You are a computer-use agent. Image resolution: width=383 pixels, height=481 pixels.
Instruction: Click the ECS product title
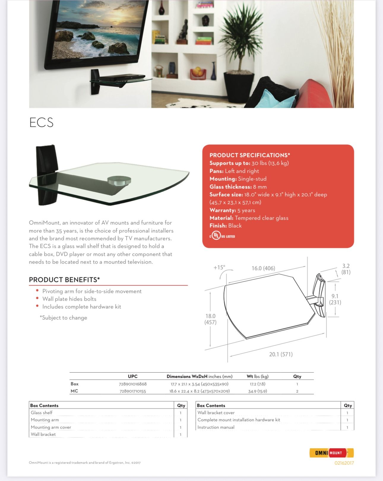(x=41, y=122)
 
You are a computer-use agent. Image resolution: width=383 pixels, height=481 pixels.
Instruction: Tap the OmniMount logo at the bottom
(x=331, y=453)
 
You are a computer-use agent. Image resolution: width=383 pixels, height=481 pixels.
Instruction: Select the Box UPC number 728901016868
(x=133, y=384)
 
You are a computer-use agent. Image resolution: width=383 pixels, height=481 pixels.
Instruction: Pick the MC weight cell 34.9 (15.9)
(x=257, y=391)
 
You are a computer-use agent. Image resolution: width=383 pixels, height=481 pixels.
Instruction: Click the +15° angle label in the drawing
(x=219, y=267)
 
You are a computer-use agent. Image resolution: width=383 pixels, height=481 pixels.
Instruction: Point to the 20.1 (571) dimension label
(x=281, y=354)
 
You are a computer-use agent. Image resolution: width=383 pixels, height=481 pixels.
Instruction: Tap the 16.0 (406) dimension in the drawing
(x=263, y=268)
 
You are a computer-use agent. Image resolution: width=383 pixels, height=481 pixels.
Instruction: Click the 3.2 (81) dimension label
(x=346, y=269)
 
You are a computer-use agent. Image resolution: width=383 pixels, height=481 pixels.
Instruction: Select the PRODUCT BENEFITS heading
(x=64, y=280)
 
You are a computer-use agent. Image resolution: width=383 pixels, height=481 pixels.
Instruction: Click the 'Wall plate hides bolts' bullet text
(x=69, y=299)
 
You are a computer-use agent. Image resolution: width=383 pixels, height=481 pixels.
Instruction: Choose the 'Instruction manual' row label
(x=216, y=427)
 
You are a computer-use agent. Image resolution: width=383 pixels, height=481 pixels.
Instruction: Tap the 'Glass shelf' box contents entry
(x=42, y=413)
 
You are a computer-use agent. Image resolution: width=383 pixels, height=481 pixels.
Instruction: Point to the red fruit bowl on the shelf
(x=198, y=73)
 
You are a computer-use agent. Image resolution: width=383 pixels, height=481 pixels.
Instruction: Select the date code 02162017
(x=344, y=463)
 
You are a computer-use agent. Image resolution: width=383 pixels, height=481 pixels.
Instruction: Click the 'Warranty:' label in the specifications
(x=223, y=210)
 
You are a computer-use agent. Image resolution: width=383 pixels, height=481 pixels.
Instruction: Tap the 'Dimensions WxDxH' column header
(x=187, y=377)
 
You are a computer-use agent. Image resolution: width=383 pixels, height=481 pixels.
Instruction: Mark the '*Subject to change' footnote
(x=63, y=318)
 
